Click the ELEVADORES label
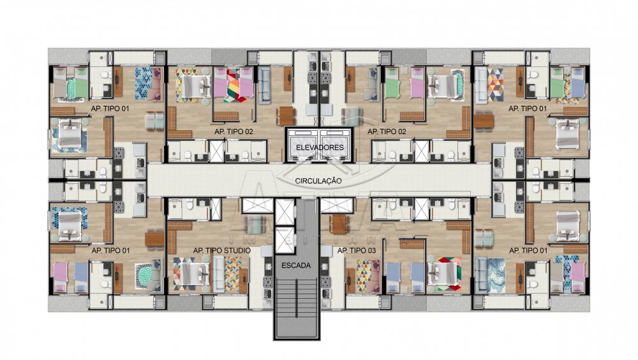(320, 147)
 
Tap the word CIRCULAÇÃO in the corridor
(318, 181)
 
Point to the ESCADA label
(296, 266)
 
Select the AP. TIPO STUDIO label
(222, 250)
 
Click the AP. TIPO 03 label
(357, 250)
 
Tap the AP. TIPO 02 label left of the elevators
(234, 131)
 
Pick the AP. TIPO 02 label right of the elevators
(387, 131)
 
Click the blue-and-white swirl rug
(496, 275)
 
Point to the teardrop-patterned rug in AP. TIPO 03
(364, 276)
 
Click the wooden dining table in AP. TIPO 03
(339, 223)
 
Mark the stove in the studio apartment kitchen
(267, 281)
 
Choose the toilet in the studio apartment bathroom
(189, 206)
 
